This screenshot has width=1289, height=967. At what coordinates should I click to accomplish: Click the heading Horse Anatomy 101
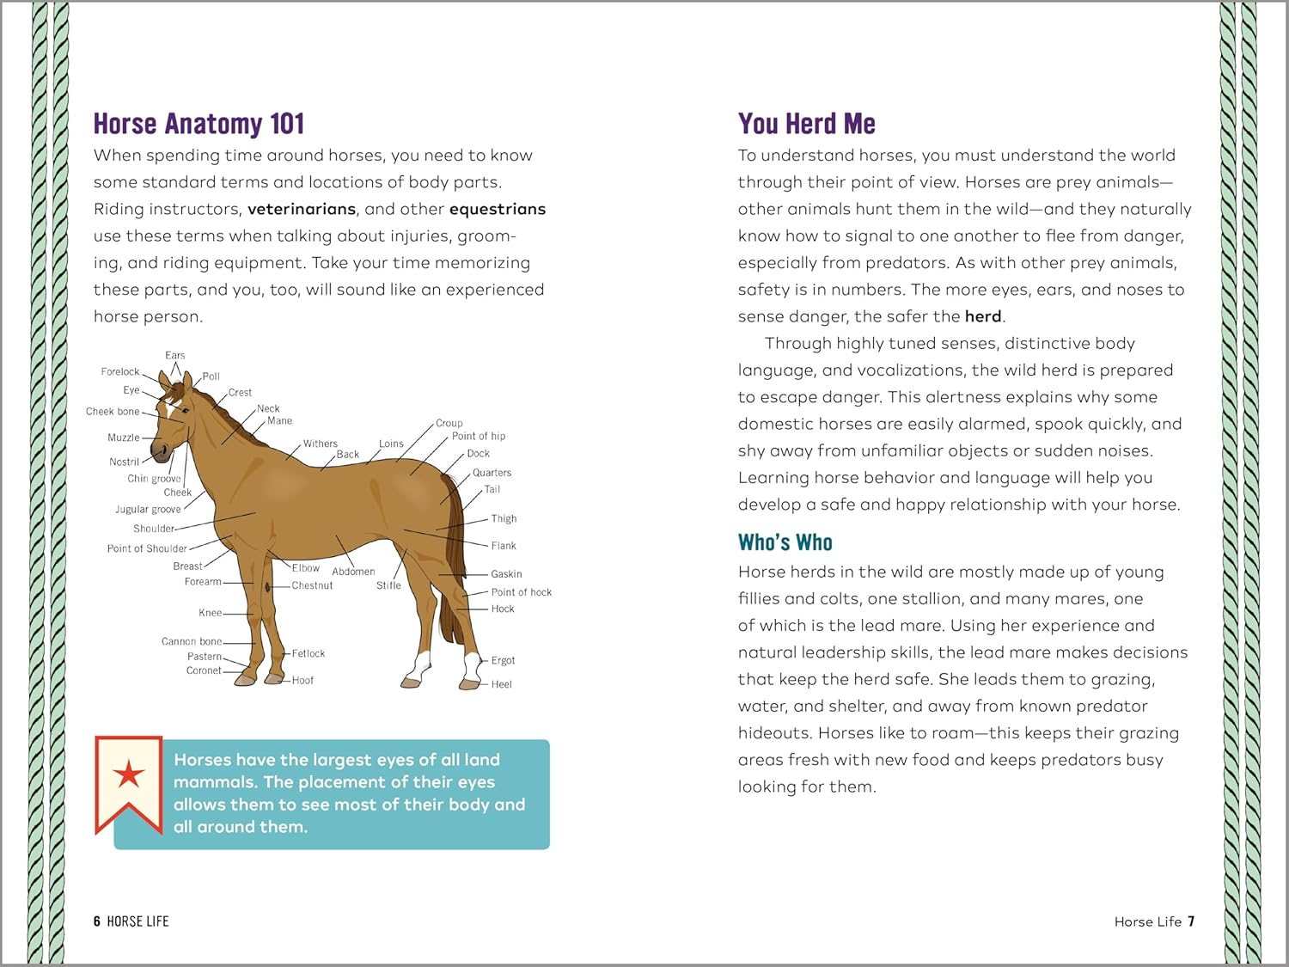tap(199, 124)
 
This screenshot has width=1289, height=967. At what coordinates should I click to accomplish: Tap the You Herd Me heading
tap(806, 124)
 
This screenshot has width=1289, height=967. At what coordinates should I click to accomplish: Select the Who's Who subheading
tap(785, 542)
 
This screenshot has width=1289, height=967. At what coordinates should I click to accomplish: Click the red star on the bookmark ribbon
tap(129, 774)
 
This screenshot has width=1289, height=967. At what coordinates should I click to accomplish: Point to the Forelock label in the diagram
tap(119, 372)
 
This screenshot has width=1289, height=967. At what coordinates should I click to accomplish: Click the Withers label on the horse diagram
tap(320, 444)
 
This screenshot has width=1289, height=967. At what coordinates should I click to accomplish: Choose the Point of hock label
tap(521, 592)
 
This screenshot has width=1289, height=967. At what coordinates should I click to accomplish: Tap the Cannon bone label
tap(191, 641)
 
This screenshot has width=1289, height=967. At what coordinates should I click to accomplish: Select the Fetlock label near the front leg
tap(308, 654)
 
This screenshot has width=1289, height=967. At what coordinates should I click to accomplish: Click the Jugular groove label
tap(148, 510)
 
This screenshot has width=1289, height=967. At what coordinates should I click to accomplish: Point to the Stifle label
tap(388, 585)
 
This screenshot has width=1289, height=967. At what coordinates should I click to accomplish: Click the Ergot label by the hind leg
tap(503, 661)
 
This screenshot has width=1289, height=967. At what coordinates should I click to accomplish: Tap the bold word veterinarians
tap(301, 209)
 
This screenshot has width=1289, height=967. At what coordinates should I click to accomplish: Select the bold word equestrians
tap(497, 209)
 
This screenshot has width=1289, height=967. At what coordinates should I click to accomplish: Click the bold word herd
tap(982, 316)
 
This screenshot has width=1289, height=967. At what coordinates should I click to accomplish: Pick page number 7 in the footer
tap(1191, 921)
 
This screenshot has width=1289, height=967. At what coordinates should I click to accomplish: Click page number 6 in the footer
tap(97, 921)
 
